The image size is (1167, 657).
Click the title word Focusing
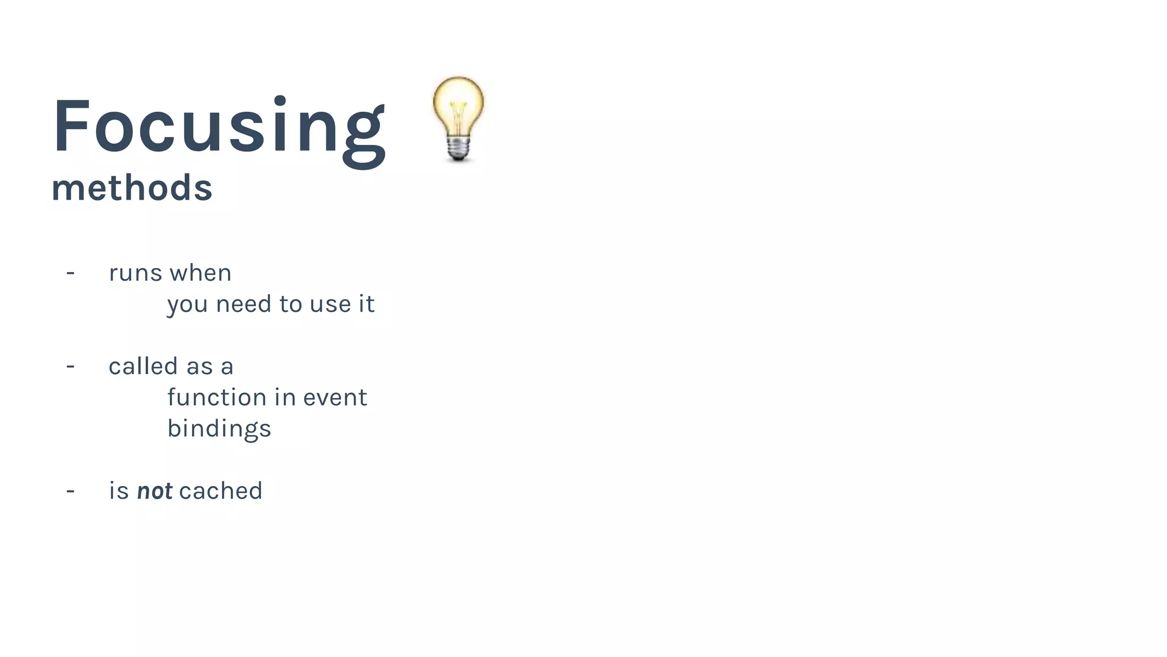[x=219, y=127]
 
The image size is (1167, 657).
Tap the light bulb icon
[x=458, y=111]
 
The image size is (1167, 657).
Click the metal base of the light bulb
[x=458, y=148]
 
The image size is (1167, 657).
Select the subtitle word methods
[x=132, y=188]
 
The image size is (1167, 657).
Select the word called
[x=143, y=366]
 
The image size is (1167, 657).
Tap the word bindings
[x=219, y=429]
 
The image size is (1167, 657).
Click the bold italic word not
[x=154, y=491]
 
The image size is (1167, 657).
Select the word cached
[x=221, y=491]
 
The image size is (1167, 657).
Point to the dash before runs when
[x=71, y=273]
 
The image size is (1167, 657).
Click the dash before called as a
[x=71, y=366]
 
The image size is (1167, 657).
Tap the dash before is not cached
[x=71, y=491]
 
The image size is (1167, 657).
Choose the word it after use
[x=366, y=304]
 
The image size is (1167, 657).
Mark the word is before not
[x=119, y=491]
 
